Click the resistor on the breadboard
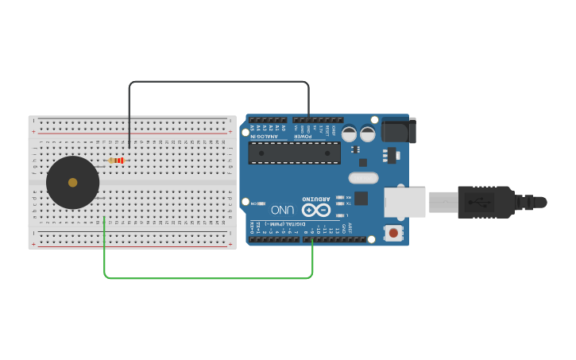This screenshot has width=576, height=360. [117, 161]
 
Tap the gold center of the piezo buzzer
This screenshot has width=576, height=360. [73, 183]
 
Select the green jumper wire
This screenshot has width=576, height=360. [207, 278]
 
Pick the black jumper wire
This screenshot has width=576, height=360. [218, 82]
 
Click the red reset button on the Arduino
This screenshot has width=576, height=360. [392, 233]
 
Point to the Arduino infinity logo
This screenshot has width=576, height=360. [315, 211]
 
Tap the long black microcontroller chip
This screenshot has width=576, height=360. [294, 153]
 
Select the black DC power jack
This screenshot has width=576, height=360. [398, 130]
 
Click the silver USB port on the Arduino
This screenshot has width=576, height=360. [404, 202]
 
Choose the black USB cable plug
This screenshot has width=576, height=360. [485, 202]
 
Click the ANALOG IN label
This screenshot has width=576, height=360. [265, 136]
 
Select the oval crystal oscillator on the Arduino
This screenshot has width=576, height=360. [366, 176]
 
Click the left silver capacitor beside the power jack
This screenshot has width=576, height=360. [349, 134]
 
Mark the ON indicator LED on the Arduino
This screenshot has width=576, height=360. [261, 203]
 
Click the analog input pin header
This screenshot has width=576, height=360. [268, 120]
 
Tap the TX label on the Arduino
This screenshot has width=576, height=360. [347, 203]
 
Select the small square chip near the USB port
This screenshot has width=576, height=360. [361, 198]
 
